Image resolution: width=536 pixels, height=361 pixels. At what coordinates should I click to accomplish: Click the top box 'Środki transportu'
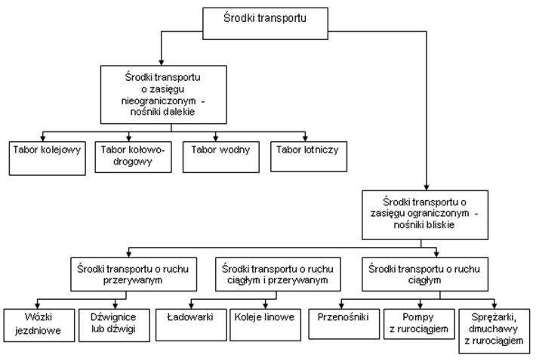265,23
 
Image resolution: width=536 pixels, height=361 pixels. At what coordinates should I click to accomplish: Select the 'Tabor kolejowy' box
47,159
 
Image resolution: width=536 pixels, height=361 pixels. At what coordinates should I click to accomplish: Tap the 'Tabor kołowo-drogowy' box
134,157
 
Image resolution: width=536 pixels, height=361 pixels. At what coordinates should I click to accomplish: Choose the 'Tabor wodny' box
221,157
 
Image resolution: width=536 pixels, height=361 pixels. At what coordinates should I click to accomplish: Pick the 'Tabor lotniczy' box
309,156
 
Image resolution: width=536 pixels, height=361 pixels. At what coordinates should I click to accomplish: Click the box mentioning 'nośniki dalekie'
163,94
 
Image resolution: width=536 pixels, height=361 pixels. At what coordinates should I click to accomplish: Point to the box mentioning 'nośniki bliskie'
425,215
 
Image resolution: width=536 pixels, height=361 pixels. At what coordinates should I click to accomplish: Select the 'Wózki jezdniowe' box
39,325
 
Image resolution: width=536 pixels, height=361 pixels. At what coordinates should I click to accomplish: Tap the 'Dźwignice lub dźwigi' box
114,325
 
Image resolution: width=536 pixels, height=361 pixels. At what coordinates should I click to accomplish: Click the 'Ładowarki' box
191,325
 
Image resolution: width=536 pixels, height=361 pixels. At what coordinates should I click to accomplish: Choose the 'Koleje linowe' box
265,325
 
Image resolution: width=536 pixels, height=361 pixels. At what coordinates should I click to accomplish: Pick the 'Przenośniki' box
344,324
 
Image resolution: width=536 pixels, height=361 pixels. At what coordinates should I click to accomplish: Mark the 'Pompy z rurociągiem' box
419,324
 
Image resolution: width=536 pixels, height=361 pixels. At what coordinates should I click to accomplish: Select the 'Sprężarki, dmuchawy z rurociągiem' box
494,331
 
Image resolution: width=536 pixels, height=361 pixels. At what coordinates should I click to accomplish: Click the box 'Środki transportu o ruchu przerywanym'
134,274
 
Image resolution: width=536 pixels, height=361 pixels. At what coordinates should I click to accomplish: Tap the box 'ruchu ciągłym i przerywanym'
278,274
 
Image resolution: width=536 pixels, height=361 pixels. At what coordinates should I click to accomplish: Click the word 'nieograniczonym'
159,101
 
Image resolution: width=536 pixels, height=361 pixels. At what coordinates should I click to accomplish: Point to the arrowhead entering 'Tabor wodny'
216,138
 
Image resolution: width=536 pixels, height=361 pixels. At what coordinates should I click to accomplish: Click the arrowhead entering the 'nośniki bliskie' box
427,187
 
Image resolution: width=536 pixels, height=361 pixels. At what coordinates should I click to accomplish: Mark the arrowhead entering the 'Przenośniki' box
341,305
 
